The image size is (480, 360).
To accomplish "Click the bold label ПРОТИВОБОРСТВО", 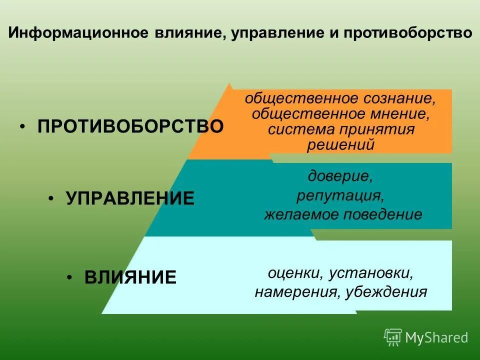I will point(130,126).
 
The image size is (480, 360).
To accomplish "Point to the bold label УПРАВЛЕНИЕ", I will point(130,198).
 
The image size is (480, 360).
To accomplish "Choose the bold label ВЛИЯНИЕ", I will point(130,277).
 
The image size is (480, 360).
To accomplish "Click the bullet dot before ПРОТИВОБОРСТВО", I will point(22,126).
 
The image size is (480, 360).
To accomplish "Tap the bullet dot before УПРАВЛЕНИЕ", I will point(51,199).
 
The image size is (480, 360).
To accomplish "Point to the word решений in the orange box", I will point(340,145).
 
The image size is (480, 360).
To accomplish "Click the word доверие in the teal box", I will point(340,176).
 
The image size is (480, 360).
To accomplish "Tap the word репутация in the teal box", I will point(340,195).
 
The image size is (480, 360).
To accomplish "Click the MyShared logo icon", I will point(393,337).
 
